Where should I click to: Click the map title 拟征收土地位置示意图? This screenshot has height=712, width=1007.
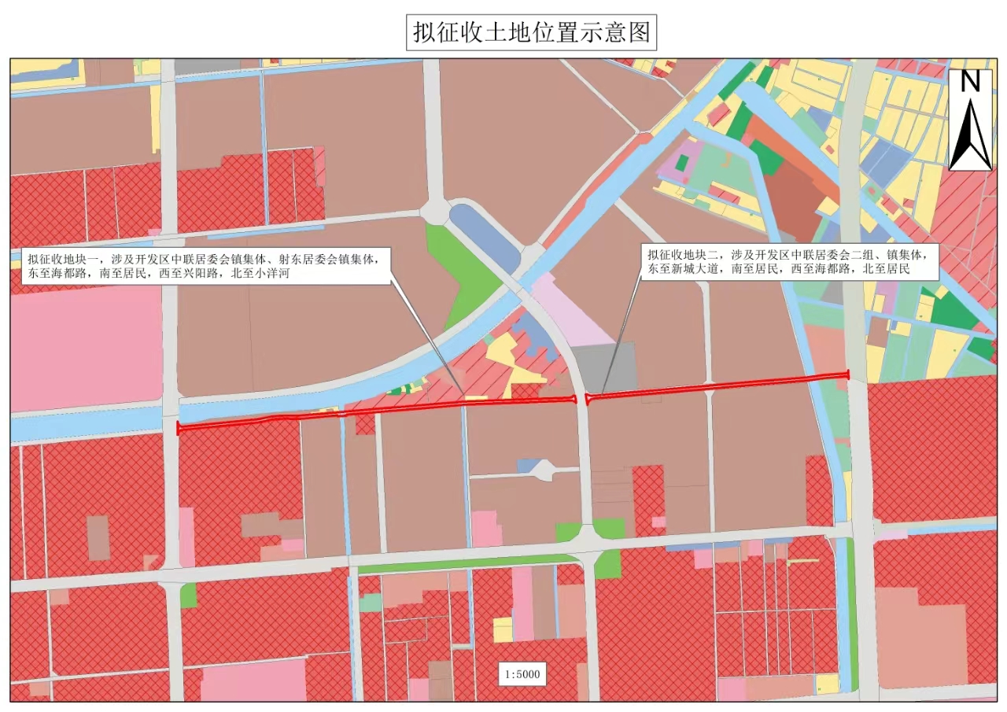531,33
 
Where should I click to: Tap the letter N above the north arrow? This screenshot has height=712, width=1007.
970,81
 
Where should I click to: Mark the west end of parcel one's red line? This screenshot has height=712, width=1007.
179,428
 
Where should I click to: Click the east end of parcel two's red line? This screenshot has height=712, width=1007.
847,374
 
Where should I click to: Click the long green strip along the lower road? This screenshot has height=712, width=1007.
464,566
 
